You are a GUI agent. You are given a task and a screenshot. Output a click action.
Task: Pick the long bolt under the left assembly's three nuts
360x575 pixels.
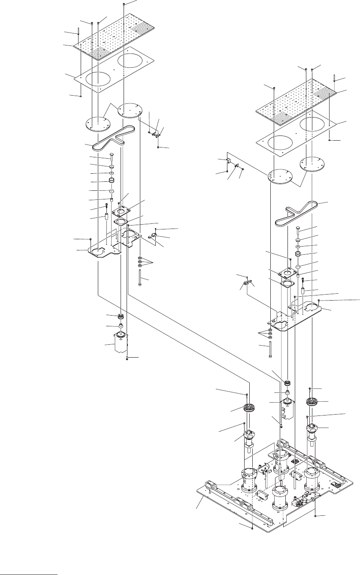pos(140,277)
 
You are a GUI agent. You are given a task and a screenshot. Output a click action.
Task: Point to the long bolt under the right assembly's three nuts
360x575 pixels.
pos(269,350)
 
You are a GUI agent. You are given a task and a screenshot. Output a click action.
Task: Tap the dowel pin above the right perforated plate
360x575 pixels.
pos(334,78)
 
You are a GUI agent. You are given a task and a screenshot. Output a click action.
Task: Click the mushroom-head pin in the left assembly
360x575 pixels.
pos(111,157)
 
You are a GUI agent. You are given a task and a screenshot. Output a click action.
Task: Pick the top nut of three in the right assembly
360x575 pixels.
pos(269,330)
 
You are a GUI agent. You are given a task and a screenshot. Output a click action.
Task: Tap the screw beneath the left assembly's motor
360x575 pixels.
pos(127,358)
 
